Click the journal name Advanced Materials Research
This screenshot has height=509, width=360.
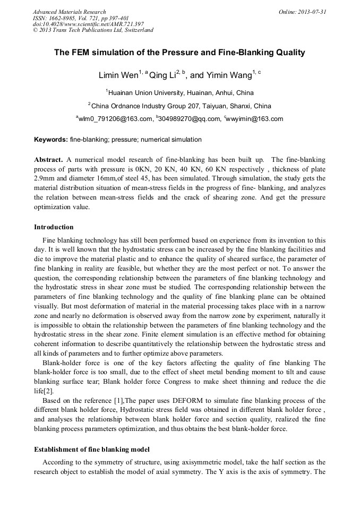click(69, 12)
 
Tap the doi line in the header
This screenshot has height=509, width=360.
click(88, 24)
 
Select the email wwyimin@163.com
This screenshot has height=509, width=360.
click(256, 119)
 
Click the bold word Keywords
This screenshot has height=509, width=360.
click(51, 140)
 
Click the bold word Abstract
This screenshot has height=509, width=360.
click(49, 160)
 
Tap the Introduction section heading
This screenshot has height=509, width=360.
click(54, 227)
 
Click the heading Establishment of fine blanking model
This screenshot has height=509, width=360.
click(92, 450)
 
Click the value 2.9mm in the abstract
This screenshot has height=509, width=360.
click(46, 179)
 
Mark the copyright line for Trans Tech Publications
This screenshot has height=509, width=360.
click(93, 30)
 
